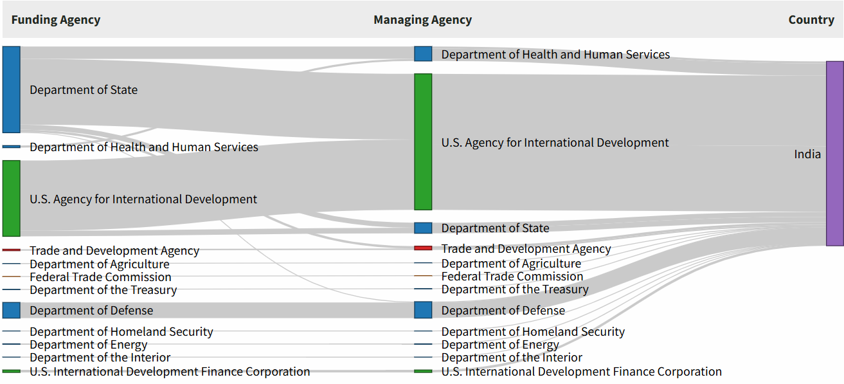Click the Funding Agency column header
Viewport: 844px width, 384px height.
56,20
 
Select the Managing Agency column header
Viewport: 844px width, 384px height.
422,20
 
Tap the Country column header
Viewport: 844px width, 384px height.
811,20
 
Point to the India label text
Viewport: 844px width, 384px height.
807,154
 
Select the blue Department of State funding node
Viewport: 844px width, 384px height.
12,89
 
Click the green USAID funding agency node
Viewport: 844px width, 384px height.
12,198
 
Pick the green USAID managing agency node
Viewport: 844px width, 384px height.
423,142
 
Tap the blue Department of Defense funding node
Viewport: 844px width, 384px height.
12,310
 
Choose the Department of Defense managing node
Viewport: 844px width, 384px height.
423,310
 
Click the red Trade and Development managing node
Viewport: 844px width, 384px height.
423,248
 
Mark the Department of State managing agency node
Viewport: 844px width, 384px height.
423,228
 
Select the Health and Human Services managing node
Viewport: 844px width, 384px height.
423,54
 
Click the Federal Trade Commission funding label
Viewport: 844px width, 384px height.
100,277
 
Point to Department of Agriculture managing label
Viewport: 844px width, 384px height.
511,264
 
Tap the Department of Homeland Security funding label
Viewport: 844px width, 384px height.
121,332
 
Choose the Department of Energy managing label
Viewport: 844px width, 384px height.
500,345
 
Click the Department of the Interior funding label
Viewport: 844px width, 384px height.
100,358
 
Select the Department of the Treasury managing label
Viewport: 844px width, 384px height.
515,289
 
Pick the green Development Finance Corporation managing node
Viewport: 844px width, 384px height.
423,371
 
